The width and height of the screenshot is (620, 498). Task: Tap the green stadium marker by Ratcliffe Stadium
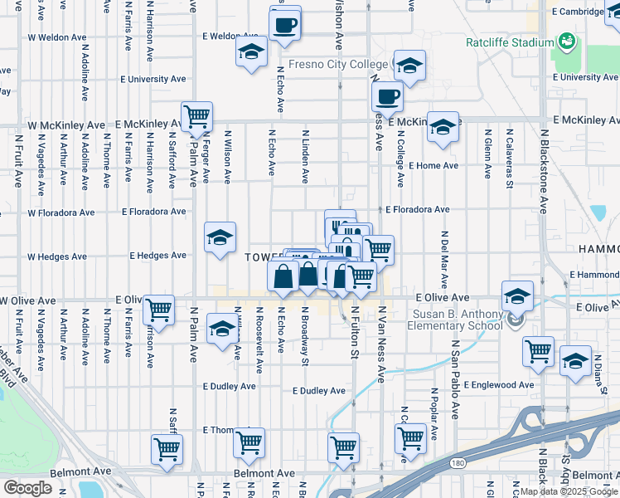tap(568, 41)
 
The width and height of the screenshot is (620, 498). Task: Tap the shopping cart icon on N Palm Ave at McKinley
tap(197, 117)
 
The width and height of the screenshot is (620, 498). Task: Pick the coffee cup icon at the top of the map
tap(285, 25)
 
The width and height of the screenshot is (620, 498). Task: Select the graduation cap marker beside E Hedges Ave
tap(220, 238)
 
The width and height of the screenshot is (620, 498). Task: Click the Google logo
tap(27, 488)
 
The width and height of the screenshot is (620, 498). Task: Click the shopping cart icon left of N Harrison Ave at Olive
tap(157, 310)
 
